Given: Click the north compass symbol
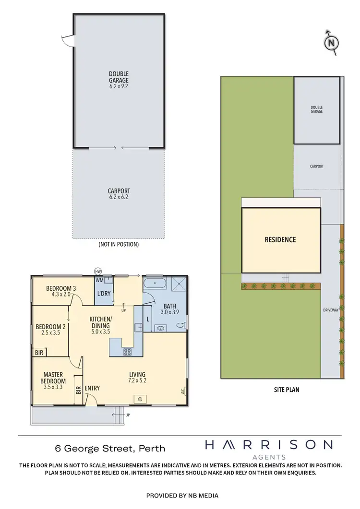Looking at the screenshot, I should tap(331, 43).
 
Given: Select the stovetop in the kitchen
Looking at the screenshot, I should tap(128, 352).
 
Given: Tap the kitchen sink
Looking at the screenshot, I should tap(138, 328).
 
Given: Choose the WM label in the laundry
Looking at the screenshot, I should tap(100, 280).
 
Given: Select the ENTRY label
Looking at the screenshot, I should tap(92, 388).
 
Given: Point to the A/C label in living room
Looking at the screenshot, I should tap(183, 391).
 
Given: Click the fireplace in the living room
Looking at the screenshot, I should tap(141, 399).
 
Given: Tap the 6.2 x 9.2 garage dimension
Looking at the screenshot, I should tap(119, 87).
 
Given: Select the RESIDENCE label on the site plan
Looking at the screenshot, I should tap(280, 239).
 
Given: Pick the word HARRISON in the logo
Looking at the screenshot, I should tap(268, 445).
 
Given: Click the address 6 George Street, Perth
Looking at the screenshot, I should tap(110, 449).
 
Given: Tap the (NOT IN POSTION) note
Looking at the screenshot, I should tap(119, 244).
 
